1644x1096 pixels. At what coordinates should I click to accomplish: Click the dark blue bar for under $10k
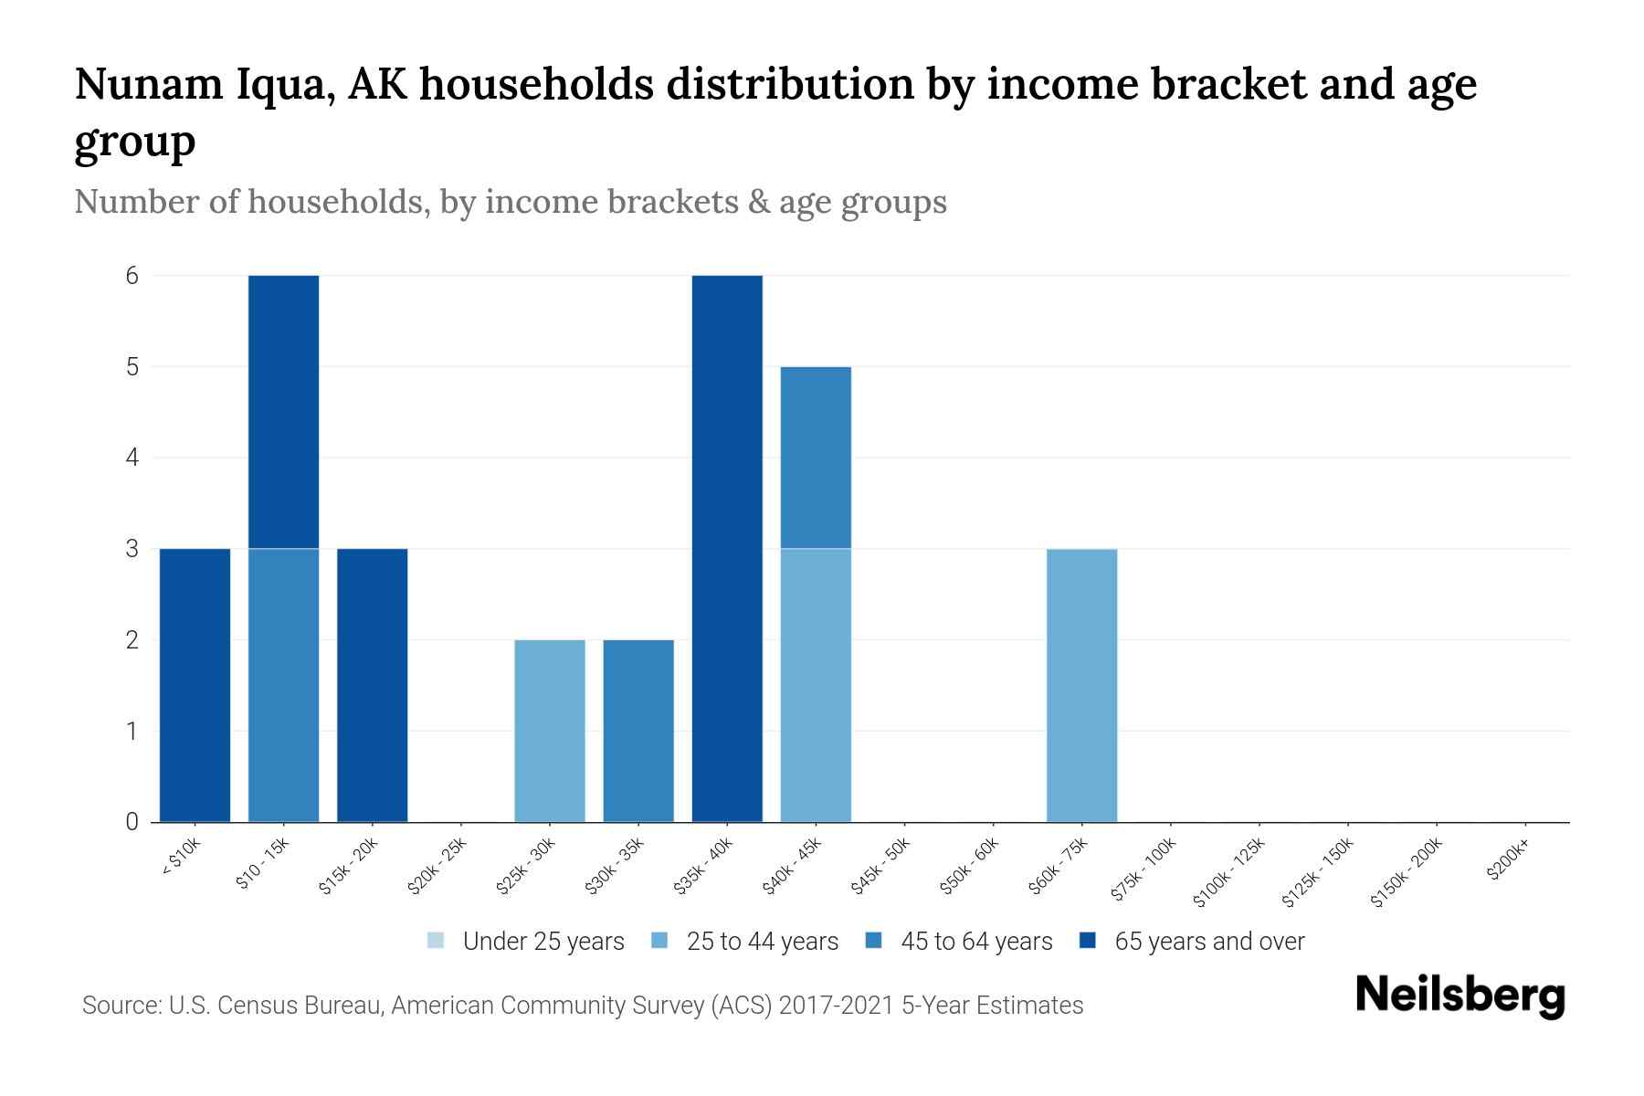pos(195,685)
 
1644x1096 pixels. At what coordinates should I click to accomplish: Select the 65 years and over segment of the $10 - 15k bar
pos(283,411)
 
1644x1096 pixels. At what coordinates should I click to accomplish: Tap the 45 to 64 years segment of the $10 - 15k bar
pos(283,685)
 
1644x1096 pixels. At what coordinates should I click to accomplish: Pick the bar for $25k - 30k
pos(550,731)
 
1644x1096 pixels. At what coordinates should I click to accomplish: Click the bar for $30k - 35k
pos(638,731)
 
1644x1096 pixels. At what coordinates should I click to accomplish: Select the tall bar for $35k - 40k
pos(727,548)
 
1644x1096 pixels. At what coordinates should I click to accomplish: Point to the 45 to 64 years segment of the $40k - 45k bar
pos(816,457)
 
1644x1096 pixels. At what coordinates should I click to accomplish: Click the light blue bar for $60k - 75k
pos(1081,685)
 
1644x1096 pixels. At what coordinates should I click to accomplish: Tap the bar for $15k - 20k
pos(372,685)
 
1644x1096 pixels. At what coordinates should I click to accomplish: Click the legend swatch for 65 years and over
pos(1087,941)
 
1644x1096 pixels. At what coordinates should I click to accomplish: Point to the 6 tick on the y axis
pos(132,276)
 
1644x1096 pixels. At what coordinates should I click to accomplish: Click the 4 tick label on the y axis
pos(132,458)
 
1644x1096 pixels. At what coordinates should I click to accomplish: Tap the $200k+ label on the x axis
pos(1508,859)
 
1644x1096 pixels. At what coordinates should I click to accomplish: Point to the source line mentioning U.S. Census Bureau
pos(582,1006)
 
